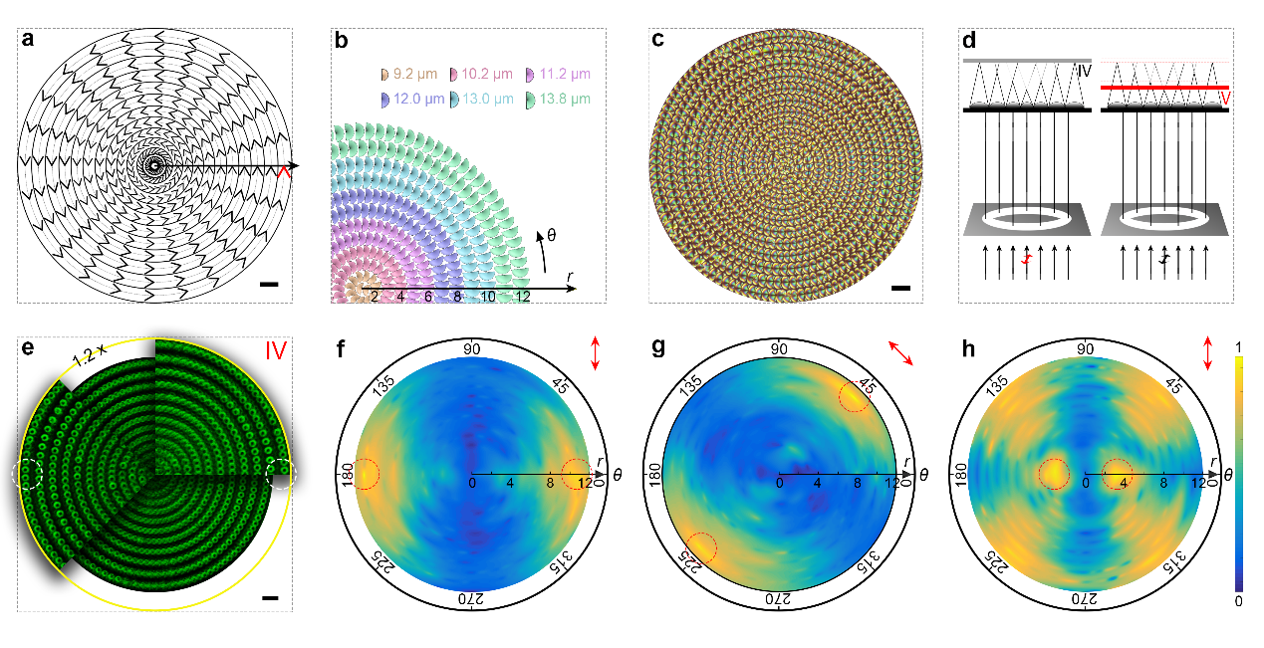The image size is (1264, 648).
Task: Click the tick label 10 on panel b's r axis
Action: click(488, 298)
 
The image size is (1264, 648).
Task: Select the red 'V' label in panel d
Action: click(1224, 98)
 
